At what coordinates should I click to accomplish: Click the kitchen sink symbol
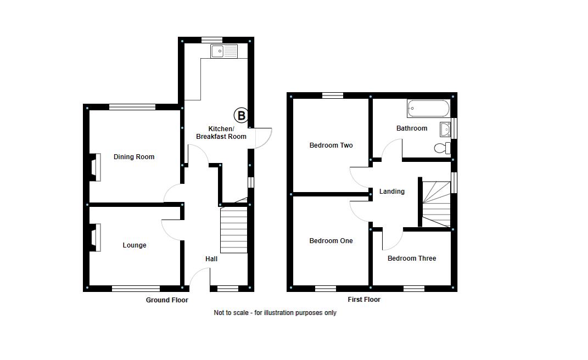(x=223, y=52)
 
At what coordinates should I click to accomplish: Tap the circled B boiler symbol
(x=241, y=115)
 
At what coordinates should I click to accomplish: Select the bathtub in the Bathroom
(x=428, y=109)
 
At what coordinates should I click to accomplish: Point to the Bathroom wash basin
(x=445, y=130)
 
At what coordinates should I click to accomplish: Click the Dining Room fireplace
(x=96, y=167)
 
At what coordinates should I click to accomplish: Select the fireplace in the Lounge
(x=96, y=238)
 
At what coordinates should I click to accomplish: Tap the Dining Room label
(x=134, y=157)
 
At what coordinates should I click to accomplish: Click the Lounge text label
(x=135, y=245)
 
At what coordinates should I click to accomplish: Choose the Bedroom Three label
(x=412, y=258)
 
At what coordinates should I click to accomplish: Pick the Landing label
(x=392, y=192)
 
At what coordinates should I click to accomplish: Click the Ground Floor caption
(x=167, y=300)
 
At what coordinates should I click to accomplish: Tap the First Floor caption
(x=364, y=300)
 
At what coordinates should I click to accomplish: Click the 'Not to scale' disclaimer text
(x=275, y=313)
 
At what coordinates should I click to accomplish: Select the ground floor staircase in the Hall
(x=233, y=229)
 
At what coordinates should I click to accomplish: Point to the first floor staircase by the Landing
(x=435, y=203)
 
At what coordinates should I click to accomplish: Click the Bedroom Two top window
(x=332, y=95)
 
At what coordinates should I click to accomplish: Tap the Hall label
(x=211, y=259)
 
